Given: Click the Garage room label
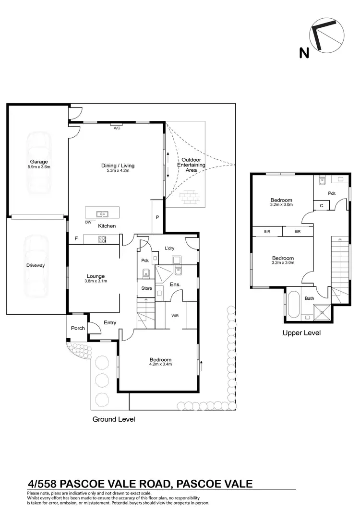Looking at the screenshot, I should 39,164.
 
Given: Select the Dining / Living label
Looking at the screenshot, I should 118,168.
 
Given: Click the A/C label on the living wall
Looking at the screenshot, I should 117,128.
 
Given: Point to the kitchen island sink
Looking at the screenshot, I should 102,214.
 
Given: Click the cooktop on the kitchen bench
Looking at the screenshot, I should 102,238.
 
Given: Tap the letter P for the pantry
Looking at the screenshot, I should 157,217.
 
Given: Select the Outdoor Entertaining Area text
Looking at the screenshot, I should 192,165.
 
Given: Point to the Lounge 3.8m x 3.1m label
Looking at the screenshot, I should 96,279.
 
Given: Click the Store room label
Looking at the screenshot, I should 146,288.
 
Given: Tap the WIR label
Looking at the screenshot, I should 175,316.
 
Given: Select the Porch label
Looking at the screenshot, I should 78,328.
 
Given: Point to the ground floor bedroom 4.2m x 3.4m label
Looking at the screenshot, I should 160,362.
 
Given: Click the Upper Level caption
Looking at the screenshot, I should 301,332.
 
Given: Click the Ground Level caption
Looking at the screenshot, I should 113,419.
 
